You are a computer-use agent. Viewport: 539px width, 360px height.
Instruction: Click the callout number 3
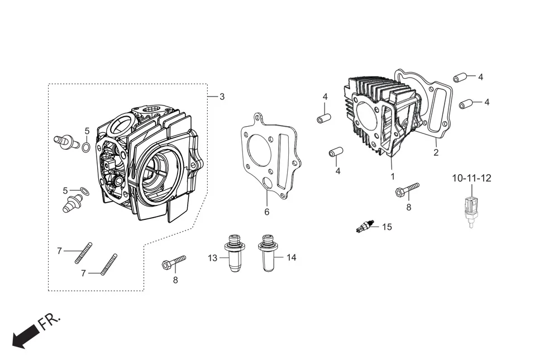222,97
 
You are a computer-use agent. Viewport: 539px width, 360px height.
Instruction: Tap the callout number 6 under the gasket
267,212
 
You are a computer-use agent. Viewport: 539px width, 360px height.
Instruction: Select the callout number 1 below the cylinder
393,176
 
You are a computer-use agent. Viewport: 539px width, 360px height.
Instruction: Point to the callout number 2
436,152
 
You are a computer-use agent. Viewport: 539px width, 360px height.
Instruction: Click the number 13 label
213,258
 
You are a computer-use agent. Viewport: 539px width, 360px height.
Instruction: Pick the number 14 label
291,257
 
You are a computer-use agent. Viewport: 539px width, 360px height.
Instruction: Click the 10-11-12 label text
471,178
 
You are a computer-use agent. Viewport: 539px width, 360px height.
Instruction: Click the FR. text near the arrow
49,322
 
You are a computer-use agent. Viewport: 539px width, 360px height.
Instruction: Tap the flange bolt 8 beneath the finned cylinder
407,189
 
